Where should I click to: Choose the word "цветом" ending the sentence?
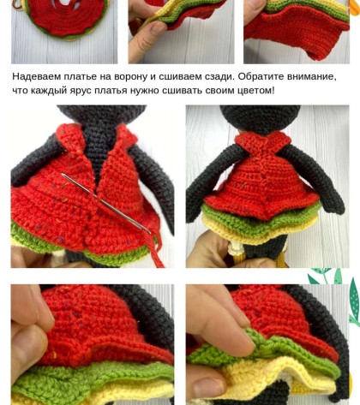[x=256, y=90]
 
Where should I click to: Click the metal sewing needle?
[x=105, y=203]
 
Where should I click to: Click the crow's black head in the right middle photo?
[x=261, y=119]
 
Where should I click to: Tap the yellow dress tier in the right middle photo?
[x=259, y=229]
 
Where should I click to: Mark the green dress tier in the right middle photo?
[x=260, y=220]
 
